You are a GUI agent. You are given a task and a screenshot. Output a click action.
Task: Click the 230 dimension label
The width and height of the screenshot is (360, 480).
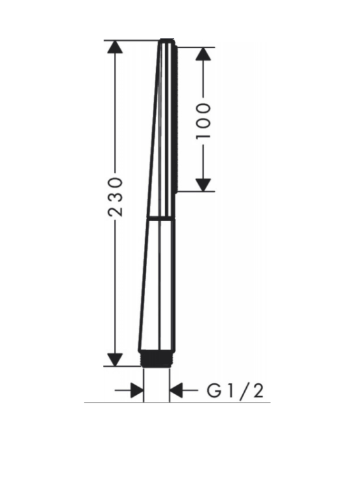[116, 196]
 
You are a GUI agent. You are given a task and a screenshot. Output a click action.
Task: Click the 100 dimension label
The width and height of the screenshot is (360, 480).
[203, 120]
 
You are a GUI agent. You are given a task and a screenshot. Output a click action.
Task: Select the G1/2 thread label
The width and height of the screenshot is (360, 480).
[235, 391]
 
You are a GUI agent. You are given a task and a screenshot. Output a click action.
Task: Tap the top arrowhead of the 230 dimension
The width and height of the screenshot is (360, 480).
[115, 47]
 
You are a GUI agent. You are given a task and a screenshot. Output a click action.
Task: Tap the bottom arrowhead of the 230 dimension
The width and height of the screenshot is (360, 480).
[115, 360]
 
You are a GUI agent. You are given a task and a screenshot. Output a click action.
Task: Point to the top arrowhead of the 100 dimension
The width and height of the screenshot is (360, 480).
[203, 54]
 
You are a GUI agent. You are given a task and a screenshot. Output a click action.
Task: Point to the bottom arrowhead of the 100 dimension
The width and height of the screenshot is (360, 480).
[203, 185]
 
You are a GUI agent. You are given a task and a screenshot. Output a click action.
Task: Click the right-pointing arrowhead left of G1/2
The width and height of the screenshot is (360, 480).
[137, 390]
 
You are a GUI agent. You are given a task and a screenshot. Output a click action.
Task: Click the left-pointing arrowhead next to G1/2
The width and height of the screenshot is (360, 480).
[176, 390]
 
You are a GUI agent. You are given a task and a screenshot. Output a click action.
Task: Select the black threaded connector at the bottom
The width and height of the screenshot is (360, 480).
[156, 358]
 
